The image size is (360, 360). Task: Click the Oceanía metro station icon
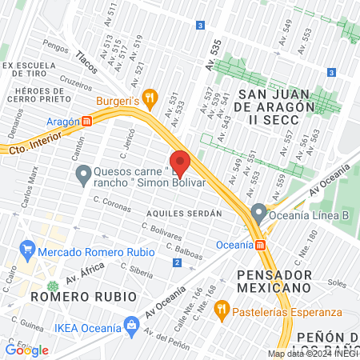(261, 244)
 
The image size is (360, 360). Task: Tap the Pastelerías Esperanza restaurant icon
(221, 306)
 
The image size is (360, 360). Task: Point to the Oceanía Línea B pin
(258, 213)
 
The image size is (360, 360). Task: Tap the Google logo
(26, 350)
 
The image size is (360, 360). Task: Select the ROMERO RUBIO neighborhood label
(68, 296)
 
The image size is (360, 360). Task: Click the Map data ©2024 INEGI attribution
(312, 354)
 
